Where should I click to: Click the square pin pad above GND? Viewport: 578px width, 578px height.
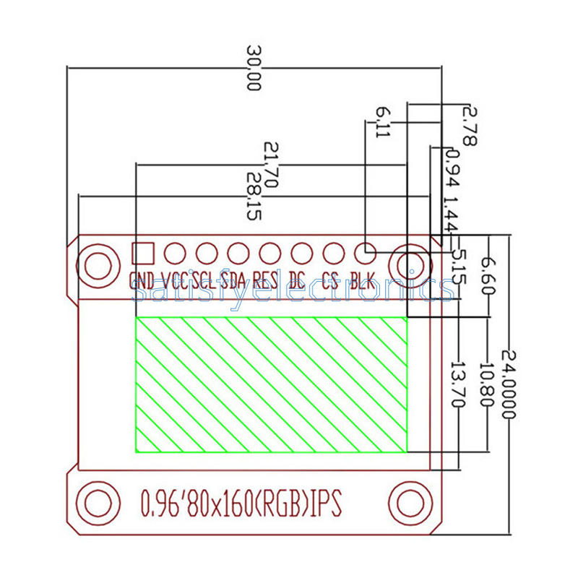pyautogui.click(x=143, y=253)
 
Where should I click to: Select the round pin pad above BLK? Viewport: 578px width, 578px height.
pyautogui.click(x=365, y=253)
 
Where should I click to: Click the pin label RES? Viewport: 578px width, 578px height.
pyautogui.click(x=266, y=280)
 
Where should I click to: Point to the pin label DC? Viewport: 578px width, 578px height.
pyautogui.click(x=297, y=280)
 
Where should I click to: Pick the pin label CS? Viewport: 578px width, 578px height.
pyautogui.click(x=330, y=280)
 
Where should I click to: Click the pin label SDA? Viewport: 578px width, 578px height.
pyautogui.click(x=233, y=280)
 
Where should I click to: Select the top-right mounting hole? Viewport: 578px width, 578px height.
pyautogui.click(x=408, y=263)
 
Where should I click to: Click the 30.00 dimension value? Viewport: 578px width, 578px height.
pyautogui.click(x=253, y=69)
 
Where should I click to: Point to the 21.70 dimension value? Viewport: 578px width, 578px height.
pyautogui.click(x=270, y=165)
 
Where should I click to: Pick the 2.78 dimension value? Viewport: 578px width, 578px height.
pyautogui.click(x=469, y=126)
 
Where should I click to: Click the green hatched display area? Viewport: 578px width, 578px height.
pyautogui.click(x=271, y=384)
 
